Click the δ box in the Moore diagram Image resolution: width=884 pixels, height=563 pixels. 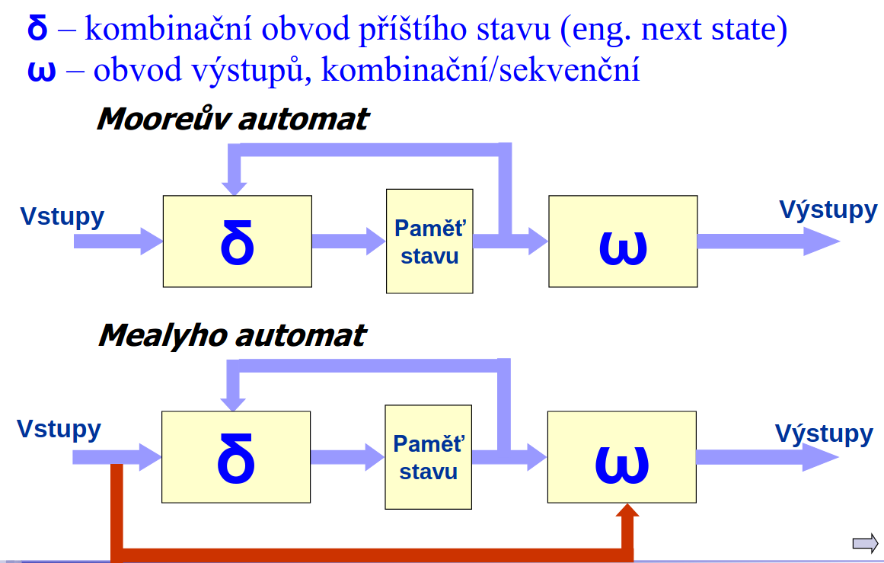(238, 242)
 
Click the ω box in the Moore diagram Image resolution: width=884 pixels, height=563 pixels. (623, 242)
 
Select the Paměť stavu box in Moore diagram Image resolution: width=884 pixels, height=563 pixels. (429, 242)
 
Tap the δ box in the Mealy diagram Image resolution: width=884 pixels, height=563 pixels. (236, 457)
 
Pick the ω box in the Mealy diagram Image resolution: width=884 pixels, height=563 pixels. (622, 457)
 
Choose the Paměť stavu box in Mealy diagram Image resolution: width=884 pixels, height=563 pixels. (429, 457)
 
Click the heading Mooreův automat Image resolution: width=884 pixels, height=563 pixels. (233, 119)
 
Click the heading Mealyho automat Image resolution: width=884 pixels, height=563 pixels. (232, 336)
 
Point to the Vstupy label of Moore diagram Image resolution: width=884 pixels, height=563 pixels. (62, 217)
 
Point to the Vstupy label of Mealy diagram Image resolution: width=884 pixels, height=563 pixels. (59, 430)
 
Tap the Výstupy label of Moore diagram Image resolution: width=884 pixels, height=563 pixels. (828, 210)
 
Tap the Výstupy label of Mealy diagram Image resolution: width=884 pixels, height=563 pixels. (825, 433)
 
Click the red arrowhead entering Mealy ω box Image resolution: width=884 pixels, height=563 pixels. (627, 510)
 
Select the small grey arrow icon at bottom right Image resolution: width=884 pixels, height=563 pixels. (866, 544)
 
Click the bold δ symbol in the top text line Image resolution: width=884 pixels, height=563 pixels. (37, 27)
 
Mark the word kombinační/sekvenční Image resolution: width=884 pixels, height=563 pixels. (480, 70)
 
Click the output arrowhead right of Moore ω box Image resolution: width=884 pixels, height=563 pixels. (822, 242)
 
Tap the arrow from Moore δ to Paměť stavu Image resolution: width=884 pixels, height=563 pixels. (349, 242)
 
